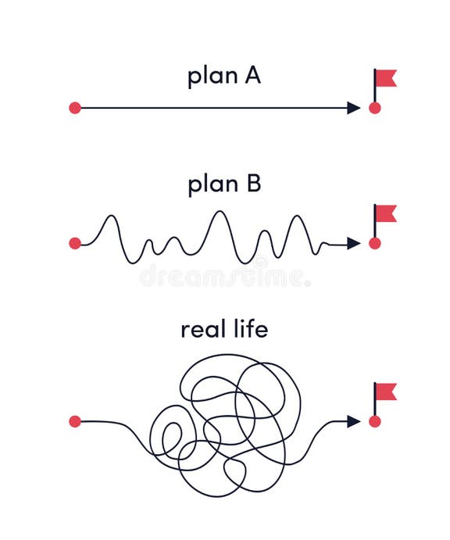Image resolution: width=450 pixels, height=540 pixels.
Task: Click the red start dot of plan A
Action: coord(75,108)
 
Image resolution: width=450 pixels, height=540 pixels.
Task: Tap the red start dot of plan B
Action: coord(75,243)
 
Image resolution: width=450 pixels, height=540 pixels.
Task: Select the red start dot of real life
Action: coord(75,421)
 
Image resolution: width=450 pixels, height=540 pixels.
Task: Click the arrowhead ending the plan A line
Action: coord(354,108)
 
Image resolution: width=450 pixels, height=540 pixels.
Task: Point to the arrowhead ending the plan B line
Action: coord(354,243)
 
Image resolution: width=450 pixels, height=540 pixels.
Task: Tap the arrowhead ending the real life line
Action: coord(354,421)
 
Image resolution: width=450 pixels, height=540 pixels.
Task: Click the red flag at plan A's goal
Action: coord(386,77)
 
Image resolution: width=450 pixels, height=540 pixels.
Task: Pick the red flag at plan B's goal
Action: coord(386,213)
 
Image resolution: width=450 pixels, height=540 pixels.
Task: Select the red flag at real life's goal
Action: coord(386,391)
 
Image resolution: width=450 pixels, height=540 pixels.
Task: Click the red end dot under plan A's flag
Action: coord(375,108)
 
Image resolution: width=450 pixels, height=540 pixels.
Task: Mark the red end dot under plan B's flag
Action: coord(375,243)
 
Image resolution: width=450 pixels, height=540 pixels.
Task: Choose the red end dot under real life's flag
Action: coord(375,421)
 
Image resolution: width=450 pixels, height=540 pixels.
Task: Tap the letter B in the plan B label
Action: coord(252,184)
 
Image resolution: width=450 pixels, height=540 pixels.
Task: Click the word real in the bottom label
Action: coord(203,329)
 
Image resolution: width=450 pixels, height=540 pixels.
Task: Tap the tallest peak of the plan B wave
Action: coord(220,212)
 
